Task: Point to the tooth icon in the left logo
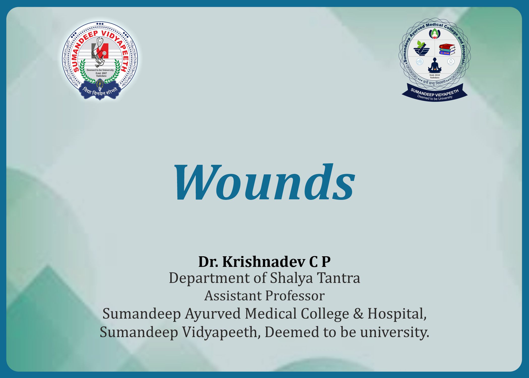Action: pyautogui.click(x=100, y=41)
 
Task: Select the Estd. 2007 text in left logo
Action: pyautogui.click(x=101, y=73)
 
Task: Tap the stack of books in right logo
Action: pyautogui.click(x=447, y=49)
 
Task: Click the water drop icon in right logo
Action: pyautogui.click(x=451, y=61)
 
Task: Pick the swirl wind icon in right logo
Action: pyautogui.click(x=419, y=61)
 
